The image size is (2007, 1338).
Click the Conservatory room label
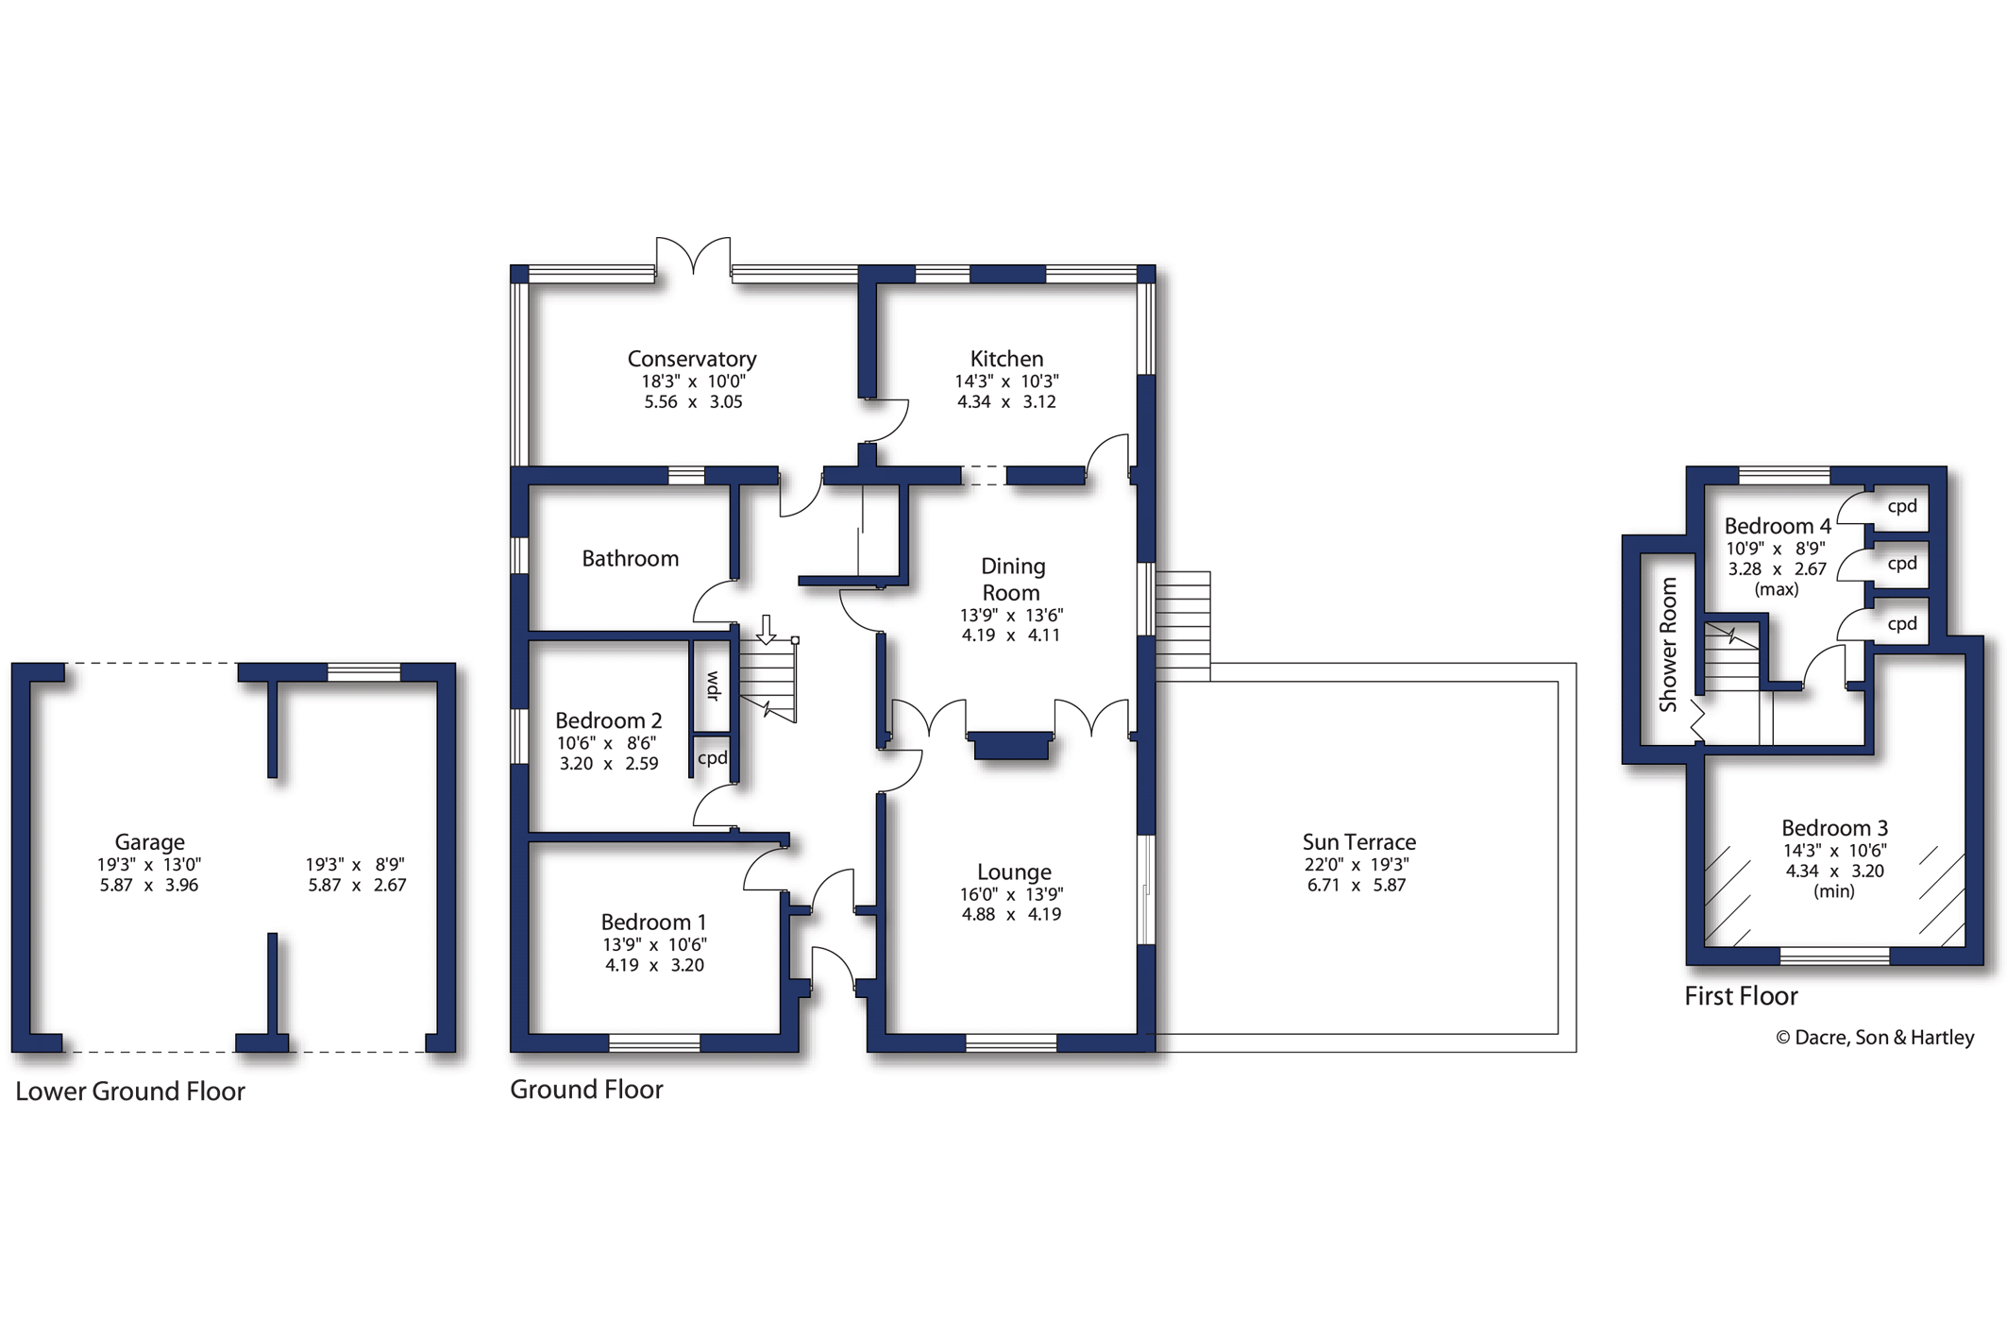692,359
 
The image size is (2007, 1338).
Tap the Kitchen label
1006,359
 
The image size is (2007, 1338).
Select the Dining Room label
1012,579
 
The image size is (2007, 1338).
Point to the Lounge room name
1014,872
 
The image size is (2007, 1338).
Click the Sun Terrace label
1358,841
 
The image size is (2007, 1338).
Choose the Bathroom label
630,559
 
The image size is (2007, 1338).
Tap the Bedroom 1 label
653,922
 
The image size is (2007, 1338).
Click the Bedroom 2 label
608,720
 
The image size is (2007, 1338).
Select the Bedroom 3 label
1834,828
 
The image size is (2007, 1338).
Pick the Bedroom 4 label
1778,526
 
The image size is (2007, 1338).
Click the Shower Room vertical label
1668,644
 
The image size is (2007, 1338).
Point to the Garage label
149,842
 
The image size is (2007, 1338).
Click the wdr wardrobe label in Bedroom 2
713,686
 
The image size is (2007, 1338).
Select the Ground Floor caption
586,1090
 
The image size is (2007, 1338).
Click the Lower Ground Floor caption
130,1092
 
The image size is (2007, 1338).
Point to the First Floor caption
1741,996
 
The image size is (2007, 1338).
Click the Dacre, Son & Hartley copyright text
1875,1038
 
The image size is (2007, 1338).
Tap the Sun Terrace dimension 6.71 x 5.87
1357,885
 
